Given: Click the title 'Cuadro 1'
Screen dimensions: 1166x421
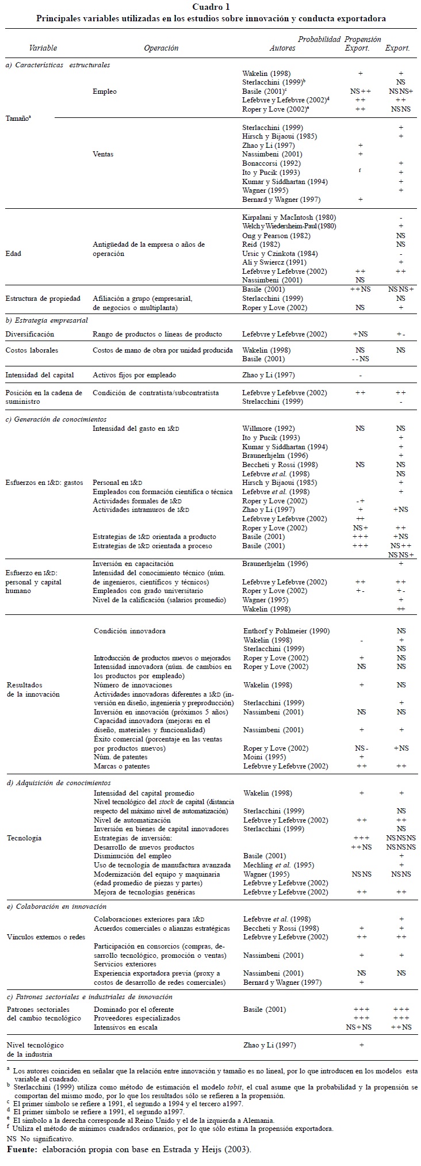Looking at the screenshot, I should pyautogui.click(x=211, y=7).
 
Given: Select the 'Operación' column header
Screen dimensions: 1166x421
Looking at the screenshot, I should pyautogui.click(x=161, y=48).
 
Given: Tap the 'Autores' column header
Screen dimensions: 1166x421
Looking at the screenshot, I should pyautogui.click(x=282, y=48).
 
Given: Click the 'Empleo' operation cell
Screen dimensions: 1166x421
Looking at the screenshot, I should pyautogui.click(x=104, y=91).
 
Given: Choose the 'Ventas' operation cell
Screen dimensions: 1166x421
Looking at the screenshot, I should pyautogui.click(x=103, y=154).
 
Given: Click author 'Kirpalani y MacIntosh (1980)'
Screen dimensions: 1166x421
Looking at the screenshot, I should pyautogui.click(x=289, y=217).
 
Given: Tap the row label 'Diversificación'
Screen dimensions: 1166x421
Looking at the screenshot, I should pyautogui.click(x=30, y=334).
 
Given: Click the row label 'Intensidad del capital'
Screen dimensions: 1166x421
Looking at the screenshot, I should pyautogui.click(x=40, y=375).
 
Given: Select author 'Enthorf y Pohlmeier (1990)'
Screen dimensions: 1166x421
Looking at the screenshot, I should pyautogui.click(x=286, y=631).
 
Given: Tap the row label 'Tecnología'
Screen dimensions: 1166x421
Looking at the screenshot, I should pyautogui.click(x=24, y=838).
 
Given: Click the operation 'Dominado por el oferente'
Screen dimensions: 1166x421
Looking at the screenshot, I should pyautogui.click(x=133, y=1010).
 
